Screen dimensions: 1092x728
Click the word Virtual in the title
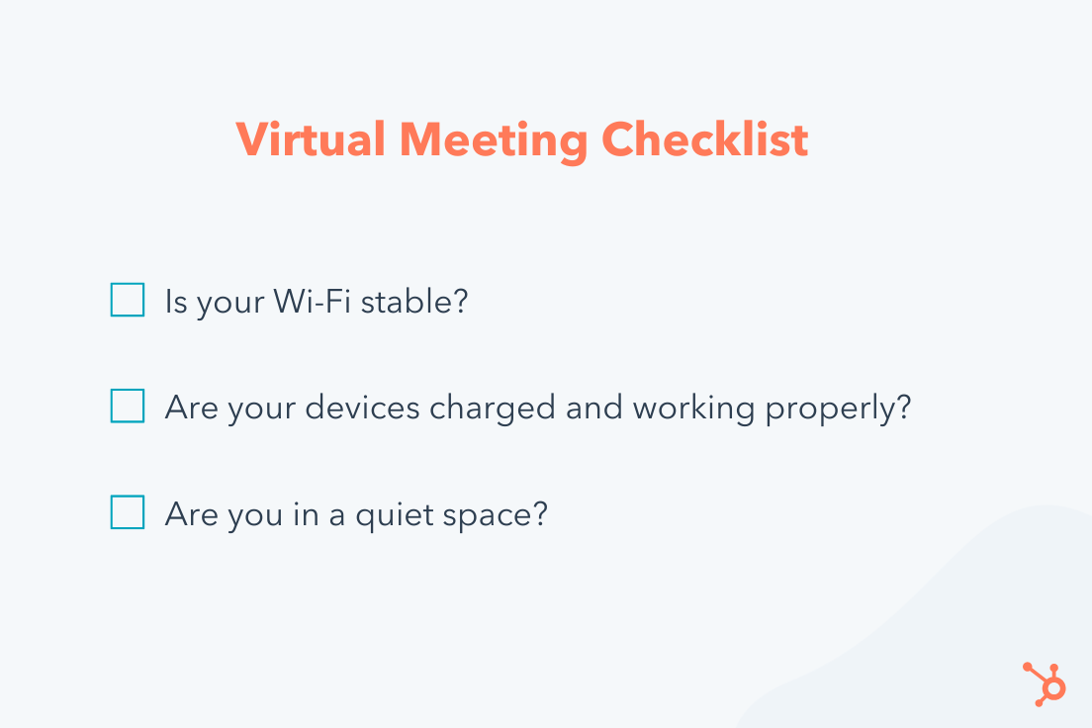311,139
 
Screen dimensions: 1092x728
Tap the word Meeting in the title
494,141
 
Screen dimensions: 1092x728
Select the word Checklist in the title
705,139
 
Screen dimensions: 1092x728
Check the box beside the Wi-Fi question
128,300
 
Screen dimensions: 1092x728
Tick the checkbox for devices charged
128,406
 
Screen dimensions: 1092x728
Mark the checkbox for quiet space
128,512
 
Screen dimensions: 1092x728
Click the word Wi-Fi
312,302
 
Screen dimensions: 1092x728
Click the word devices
362,408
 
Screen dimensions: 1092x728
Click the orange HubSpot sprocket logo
1044,684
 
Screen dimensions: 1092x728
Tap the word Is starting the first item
176,302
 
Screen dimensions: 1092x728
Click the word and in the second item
594,408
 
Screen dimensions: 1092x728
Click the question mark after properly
904,407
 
